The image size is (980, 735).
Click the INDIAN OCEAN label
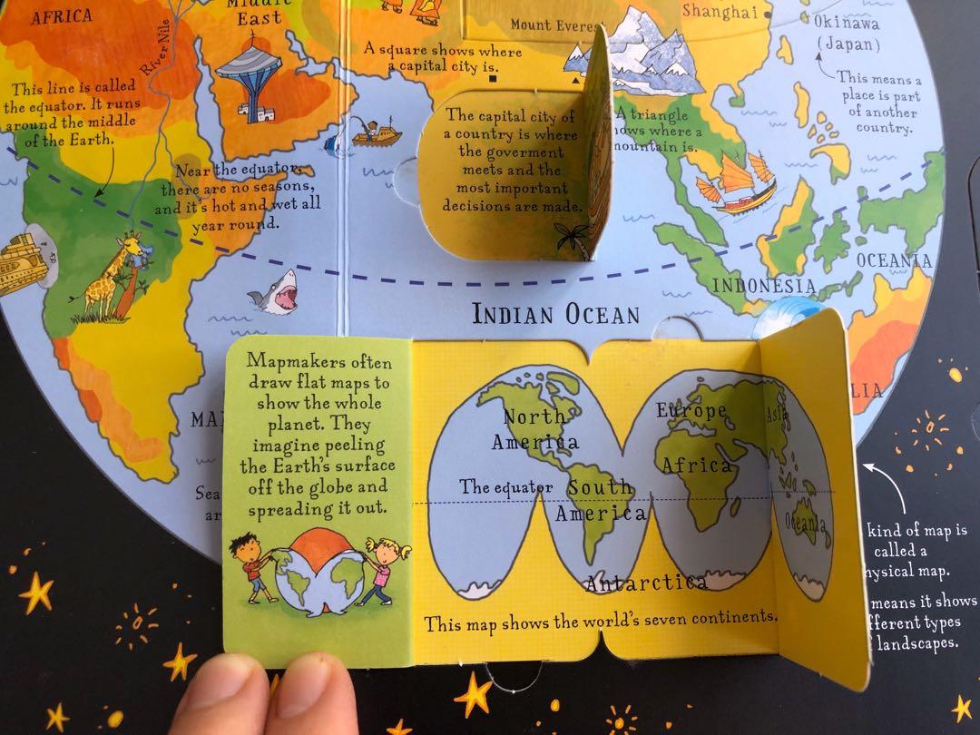555,315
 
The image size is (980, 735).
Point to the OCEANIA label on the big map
893,260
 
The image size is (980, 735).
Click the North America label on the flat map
534,429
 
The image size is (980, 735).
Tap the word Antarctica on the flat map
646,582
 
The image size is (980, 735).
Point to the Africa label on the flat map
696,465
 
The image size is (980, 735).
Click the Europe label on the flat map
691,411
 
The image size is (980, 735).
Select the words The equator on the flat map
505,486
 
